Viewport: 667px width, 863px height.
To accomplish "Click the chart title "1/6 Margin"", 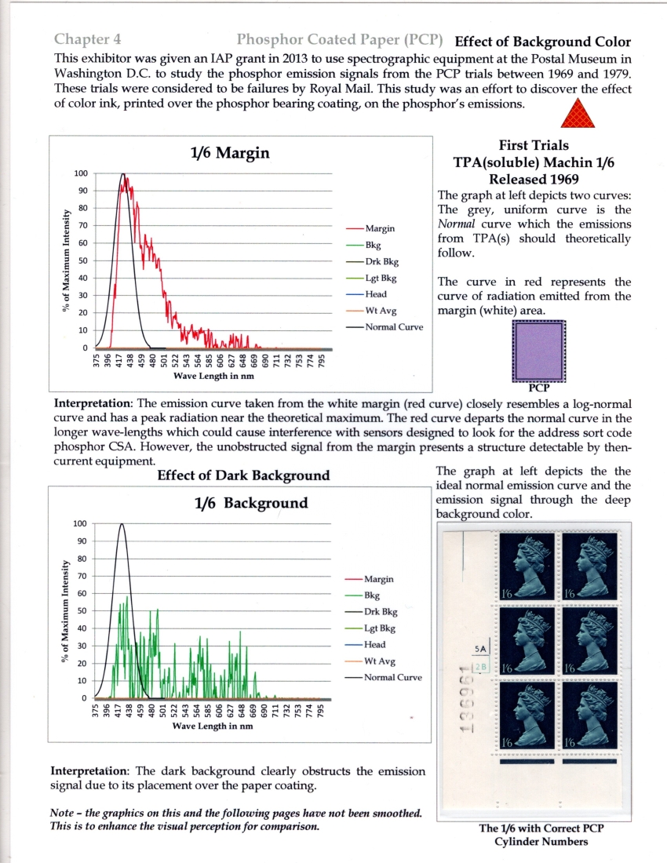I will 230,154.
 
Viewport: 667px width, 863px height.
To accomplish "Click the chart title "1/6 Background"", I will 251,503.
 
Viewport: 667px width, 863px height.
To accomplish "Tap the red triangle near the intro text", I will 579,115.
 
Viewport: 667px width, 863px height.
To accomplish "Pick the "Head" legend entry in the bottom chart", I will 375,644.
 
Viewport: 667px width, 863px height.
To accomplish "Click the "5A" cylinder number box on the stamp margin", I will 482,649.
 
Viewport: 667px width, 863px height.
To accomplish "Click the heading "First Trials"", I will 533,145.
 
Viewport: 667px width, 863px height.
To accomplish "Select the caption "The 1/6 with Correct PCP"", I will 542,828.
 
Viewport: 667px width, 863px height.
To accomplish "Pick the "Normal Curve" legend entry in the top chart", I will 393,327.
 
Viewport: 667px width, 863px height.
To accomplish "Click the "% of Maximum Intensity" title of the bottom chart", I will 66,610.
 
